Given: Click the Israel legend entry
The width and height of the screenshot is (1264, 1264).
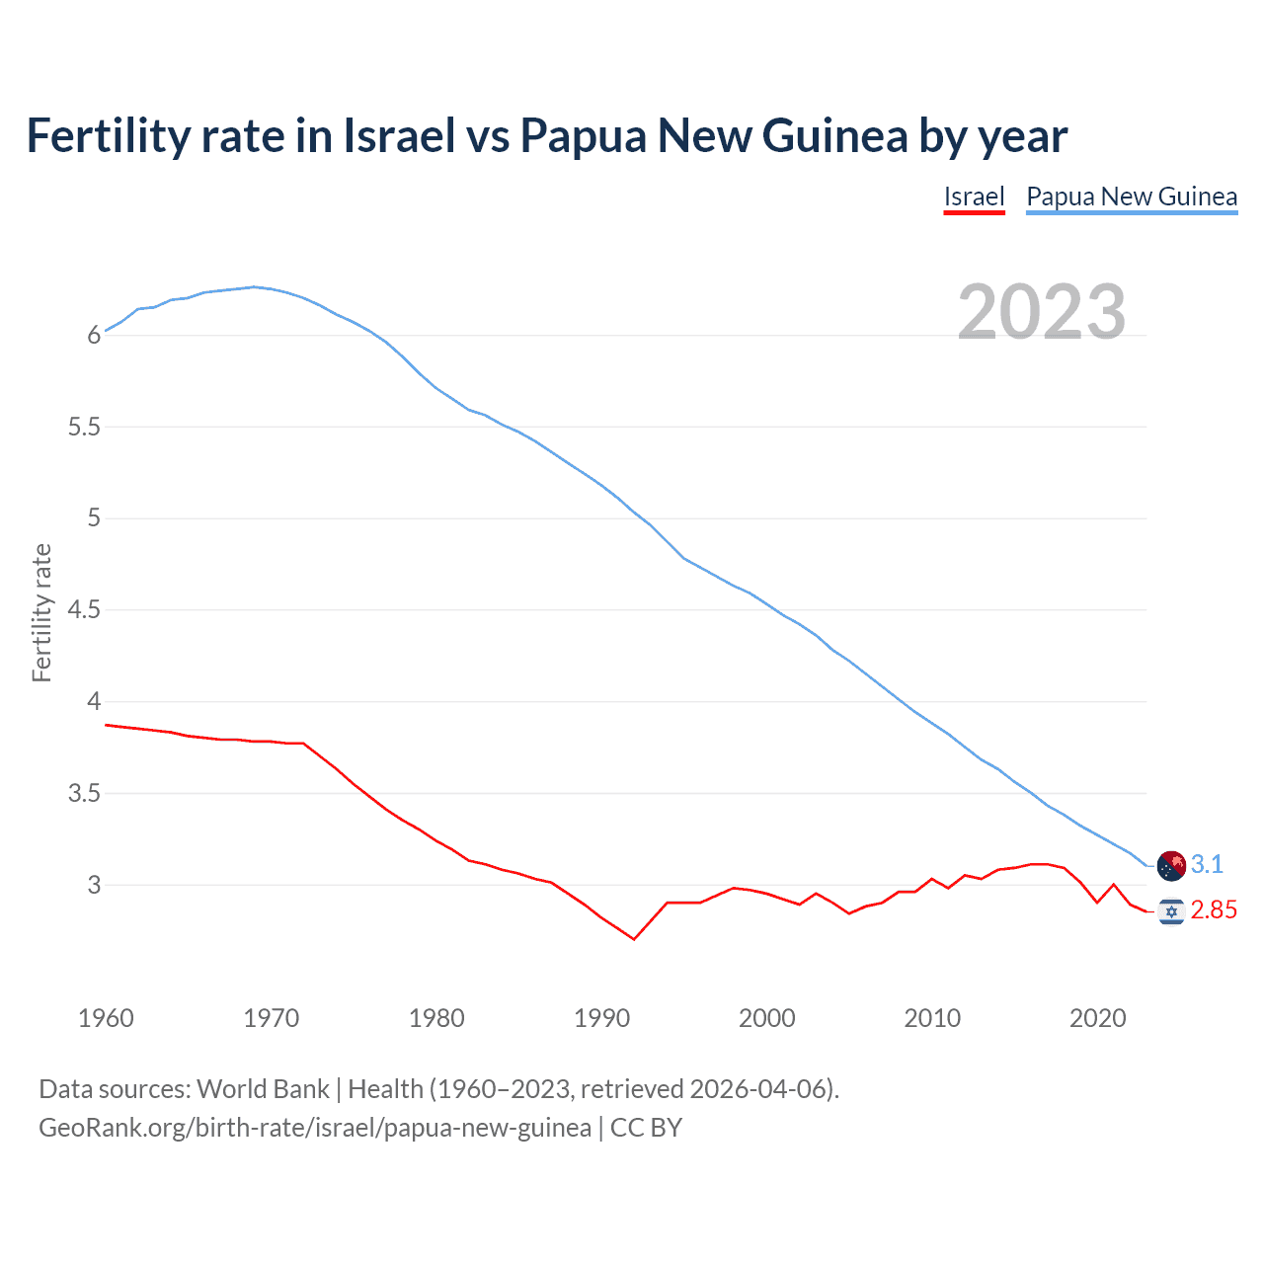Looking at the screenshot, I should point(974,197).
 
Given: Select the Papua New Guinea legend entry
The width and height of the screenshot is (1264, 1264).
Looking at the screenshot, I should point(1132,197).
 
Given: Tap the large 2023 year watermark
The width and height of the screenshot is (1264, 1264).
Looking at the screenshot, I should point(1042,312).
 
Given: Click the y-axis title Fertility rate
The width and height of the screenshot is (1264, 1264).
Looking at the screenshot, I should point(41,612).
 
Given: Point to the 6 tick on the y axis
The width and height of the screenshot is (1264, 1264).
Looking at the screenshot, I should point(95,336).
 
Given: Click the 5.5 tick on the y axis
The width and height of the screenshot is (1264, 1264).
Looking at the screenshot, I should point(85,428).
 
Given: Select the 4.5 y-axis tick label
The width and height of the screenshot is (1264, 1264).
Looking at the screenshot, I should point(85,610).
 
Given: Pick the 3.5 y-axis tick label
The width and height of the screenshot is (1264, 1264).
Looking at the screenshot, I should point(85,794).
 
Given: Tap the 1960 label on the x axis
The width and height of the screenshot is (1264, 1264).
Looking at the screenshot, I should point(106,1018).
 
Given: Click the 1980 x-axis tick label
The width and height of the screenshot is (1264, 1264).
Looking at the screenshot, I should point(436,1018).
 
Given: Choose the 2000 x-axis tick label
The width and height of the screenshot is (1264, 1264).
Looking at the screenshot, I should point(766,1018).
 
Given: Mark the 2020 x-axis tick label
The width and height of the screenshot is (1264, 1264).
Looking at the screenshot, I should point(1097,1018).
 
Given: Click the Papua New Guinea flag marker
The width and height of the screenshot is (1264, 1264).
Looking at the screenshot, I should point(1171,865).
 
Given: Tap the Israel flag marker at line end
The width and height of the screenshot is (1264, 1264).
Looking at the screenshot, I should point(1171,910).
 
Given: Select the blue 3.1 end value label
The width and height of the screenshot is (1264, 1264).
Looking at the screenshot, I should point(1207,865).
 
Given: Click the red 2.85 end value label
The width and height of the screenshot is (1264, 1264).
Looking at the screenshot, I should point(1214,910).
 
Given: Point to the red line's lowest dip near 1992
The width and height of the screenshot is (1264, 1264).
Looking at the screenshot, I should point(634,939).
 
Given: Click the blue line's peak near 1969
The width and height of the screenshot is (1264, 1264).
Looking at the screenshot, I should point(254,287).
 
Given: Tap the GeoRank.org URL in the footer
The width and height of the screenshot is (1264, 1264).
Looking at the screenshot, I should point(315,1128).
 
